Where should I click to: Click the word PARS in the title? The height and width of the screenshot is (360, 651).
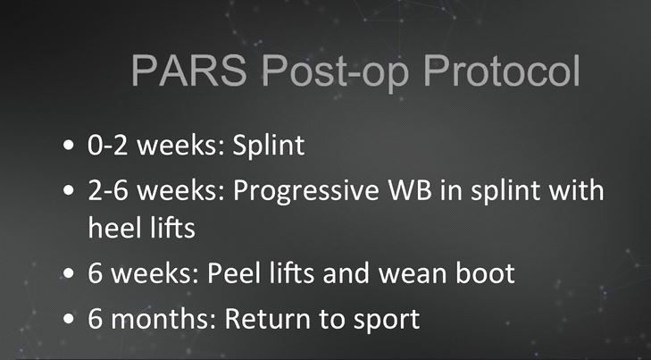(x=189, y=71)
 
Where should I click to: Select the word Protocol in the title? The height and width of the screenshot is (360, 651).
(x=502, y=71)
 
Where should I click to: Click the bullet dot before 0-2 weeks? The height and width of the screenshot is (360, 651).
(x=69, y=147)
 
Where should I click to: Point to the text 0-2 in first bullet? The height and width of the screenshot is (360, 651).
(x=108, y=145)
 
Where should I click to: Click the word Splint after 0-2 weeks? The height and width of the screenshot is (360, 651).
(x=269, y=146)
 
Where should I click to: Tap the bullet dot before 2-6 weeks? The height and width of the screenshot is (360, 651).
(x=69, y=191)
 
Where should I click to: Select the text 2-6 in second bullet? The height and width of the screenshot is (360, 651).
(x=108, y=190)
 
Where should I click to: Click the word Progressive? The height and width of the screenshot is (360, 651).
(x=306, y=191)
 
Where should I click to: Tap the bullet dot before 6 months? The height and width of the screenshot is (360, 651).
(x=69, y=319)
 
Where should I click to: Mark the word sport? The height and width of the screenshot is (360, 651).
(x=387, y=321)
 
